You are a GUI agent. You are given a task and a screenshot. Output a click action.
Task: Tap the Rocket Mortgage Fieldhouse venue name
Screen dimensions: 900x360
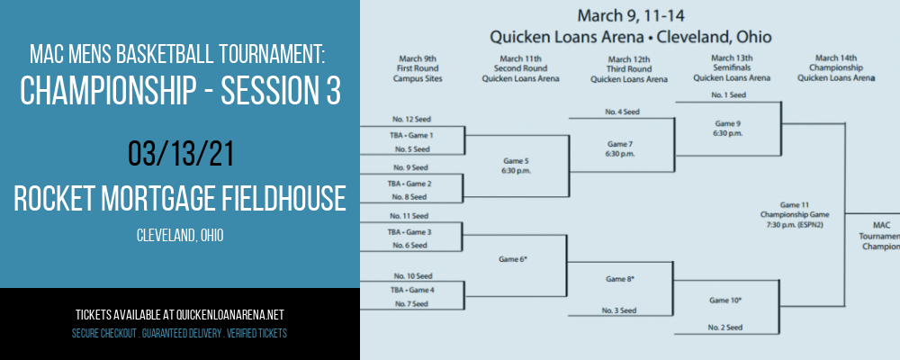pos(180,198)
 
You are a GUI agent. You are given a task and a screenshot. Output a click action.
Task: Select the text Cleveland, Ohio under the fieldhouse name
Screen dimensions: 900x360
pos(180,236)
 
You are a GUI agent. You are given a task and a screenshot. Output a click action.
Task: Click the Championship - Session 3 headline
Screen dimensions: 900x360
pos(180,90)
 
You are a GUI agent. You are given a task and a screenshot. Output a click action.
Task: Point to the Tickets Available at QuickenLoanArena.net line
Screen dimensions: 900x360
pos(180,315)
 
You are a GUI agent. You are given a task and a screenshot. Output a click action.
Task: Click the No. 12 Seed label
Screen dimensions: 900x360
pos(412,120)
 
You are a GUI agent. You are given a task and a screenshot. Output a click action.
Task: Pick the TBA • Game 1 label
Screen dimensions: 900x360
pos(411,136)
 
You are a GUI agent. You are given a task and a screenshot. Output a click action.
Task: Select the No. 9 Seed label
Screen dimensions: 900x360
pos(410,167)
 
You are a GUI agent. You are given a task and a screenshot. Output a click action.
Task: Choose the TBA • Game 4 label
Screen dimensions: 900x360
pos(411,290)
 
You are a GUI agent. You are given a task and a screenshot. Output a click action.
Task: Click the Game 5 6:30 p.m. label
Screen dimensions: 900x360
pos(516,166)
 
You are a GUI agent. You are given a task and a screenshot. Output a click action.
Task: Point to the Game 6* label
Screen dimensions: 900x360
pos(514,259)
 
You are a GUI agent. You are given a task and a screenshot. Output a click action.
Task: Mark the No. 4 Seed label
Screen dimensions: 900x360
pos(622,112)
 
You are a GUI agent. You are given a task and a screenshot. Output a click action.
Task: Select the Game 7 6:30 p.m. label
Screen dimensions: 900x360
pos(622,148)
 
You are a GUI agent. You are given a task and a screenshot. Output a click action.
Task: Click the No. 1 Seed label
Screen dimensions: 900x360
pos(728,95)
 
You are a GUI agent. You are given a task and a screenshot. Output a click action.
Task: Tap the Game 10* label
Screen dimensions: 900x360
pos(725,301)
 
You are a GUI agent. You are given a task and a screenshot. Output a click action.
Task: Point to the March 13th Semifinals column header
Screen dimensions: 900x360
pos(732,67)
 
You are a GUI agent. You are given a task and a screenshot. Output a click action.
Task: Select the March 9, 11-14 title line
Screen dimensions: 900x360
pos(631,14)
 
